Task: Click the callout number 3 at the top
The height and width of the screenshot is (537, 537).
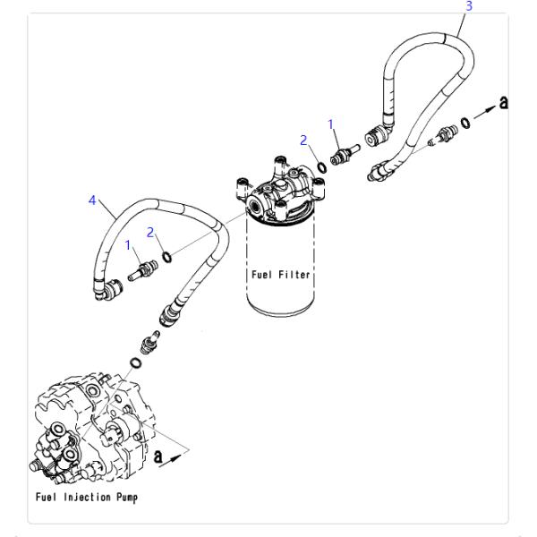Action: click(x=468, y=5)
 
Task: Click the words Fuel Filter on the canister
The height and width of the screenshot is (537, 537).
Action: click(x=279, y=275)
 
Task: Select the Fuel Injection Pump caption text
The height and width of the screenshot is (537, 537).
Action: click(x=87, y=496)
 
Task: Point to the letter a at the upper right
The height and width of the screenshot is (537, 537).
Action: click(x=505, y=102)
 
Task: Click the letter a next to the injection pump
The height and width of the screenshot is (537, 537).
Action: click(x=159, y=456)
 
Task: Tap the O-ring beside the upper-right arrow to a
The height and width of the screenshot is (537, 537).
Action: click(x=465, y=121)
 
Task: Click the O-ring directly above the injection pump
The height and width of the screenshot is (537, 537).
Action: click(x=134, y=362)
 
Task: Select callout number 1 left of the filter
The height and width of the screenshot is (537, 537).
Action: click(x=129, y=243)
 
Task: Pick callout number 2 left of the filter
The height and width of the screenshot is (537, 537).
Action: click(x=151, y=232)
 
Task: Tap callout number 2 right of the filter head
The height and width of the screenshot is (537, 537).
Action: click(x=304, y=140)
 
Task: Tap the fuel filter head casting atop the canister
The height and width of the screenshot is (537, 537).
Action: click(x=279, y=192)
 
